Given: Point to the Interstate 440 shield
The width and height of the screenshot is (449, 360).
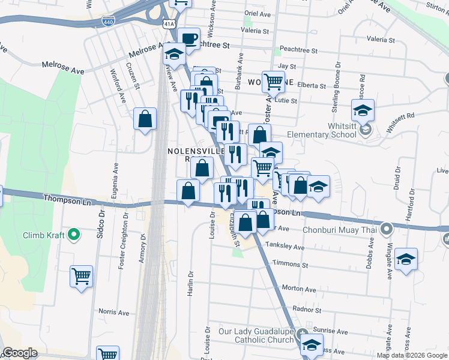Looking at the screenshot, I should pyautogui.click(x=109, y=21).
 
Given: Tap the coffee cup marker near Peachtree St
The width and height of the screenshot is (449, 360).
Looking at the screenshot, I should pyautogui.click(x=189, y=39).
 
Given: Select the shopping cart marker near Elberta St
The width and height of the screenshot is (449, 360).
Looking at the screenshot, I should pyautogui.click(x=273, y=80).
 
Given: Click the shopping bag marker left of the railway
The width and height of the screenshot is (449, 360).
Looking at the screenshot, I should pyautogui.click(x=145, y=119).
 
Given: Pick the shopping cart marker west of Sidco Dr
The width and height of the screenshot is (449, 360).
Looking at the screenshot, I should pyautogui.click(x=81, y=277).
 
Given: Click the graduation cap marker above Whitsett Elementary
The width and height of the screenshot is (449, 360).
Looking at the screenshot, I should pyautogui.click(x=363, y=110).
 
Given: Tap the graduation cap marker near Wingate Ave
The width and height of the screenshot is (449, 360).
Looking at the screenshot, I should pyautogui.click(x=406, y=259).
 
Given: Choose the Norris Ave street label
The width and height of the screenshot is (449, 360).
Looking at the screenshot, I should pyautogui.click(x=114, y=313).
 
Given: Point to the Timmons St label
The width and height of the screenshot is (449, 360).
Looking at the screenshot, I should pyautogui.click(x=290, y=264).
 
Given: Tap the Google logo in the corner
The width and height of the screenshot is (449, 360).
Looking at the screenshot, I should pyautogui.click(x=20, y=353).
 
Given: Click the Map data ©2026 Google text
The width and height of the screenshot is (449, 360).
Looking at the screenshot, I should pyautogui.click(x=412, y=355).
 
